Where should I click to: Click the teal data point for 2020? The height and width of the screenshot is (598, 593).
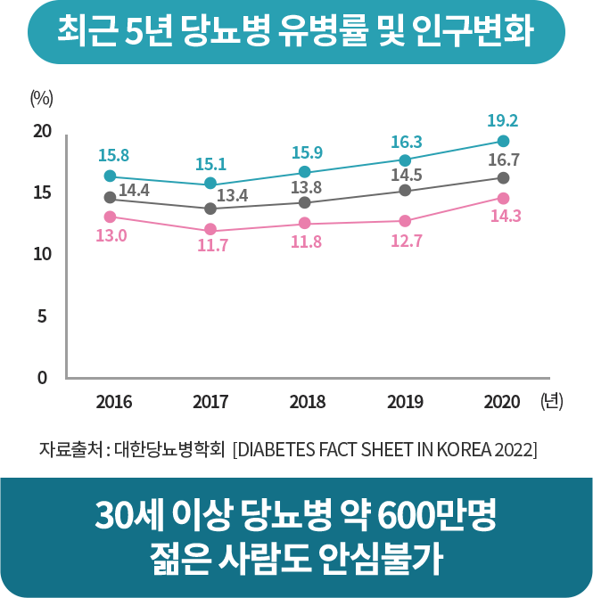click(503, 142)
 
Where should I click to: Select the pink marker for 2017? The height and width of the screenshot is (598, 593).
click(210, 230)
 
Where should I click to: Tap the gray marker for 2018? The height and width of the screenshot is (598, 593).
click(305, 202)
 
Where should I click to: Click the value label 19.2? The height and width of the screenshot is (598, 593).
click(503, 120)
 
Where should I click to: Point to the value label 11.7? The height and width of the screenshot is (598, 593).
click(213, 246)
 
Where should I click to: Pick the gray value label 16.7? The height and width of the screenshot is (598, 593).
click(504, 160)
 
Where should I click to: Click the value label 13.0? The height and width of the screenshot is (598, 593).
click(111, 235)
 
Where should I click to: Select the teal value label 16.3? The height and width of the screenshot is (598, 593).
click(406, 142)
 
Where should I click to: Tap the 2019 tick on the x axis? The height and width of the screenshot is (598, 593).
click(405, 402)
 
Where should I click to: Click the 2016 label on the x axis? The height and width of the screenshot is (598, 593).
click(113, 402)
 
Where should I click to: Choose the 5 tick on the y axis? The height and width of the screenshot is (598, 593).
click(42, 316)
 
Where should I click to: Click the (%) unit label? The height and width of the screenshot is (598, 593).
click(42, 97)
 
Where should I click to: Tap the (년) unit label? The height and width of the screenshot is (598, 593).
click(551, 401)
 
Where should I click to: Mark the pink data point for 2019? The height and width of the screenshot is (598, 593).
click(405, 221)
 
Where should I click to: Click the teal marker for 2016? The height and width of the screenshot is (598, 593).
click(110, 176)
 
